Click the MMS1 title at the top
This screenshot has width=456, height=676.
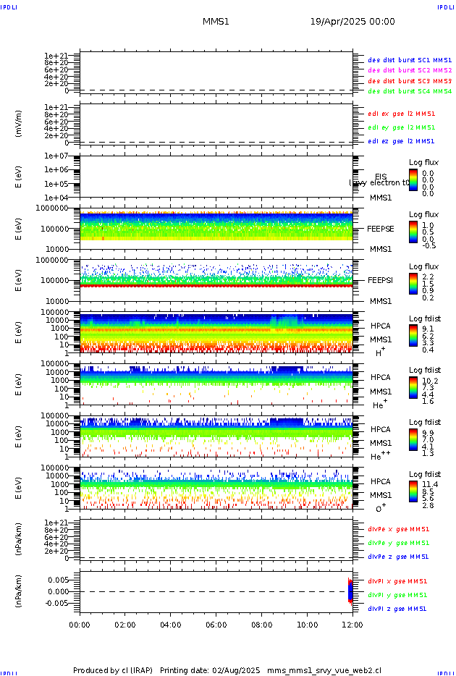216,22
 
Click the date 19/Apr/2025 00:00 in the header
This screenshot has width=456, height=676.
352,22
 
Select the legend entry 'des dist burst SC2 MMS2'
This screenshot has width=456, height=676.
410,70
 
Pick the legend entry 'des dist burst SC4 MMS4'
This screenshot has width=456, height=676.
410,92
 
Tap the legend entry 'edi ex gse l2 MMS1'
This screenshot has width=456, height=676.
401,114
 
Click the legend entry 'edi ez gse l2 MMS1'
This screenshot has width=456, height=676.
401,141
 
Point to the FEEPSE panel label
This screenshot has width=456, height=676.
381,229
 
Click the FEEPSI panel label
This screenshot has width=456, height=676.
380,280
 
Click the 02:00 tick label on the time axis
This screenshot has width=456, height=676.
125,624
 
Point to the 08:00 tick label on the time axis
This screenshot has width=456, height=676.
261,624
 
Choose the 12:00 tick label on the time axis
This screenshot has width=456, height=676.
352,624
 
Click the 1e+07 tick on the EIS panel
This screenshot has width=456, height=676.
56,156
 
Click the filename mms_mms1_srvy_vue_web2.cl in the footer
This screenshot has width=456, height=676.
324,671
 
